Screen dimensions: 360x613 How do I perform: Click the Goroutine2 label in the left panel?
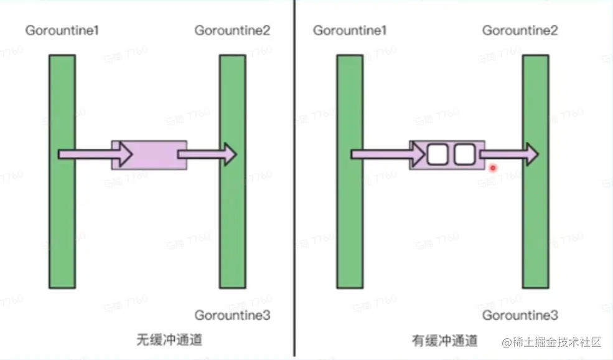point(232,31)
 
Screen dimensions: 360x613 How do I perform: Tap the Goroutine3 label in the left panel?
point(232,316)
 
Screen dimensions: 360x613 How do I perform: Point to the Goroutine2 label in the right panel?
point(520,31)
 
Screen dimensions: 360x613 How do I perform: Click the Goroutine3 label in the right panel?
point(520,316)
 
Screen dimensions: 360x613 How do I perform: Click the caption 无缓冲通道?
point(169,341)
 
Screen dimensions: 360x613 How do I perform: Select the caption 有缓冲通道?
point(444,341)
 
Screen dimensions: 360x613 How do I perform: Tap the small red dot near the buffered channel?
point(493,168)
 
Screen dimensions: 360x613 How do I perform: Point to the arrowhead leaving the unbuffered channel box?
point(229,154)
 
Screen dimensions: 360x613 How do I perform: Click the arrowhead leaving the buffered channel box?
point(530,154)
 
